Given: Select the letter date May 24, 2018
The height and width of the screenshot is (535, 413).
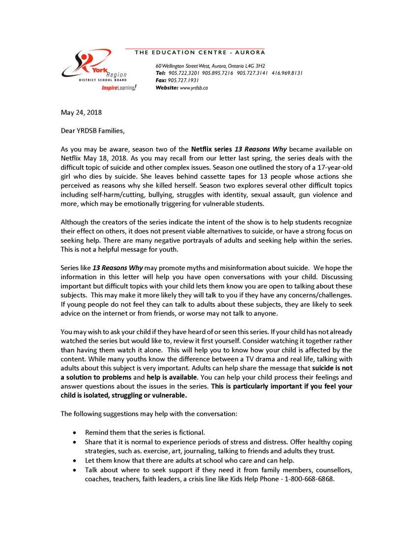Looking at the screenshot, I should [81, 112].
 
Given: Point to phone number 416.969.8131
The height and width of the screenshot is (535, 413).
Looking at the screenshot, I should [287, 73].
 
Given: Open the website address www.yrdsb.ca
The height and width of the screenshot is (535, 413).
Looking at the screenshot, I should [194, 88].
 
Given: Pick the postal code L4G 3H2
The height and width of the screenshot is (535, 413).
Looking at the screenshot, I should [254, 66].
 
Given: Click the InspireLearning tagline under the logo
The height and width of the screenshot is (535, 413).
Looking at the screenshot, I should [119, 88].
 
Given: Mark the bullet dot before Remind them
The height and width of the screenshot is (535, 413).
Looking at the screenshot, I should [74, 433].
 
